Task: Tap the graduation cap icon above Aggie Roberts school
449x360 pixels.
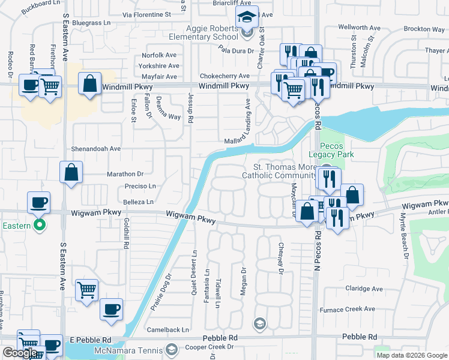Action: coord(246,16)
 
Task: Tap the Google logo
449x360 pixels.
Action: coord(19,353)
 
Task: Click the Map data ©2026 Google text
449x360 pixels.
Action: coord(411,355)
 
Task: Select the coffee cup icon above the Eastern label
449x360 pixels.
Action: coord(38,202)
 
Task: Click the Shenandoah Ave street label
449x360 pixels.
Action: coord(97,148)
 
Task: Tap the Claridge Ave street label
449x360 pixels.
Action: coord(364,289)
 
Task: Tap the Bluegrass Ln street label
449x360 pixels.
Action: coord(92,23)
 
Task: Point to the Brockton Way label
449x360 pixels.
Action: coord(424,29)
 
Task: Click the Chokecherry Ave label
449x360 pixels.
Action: coord(224,76)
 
